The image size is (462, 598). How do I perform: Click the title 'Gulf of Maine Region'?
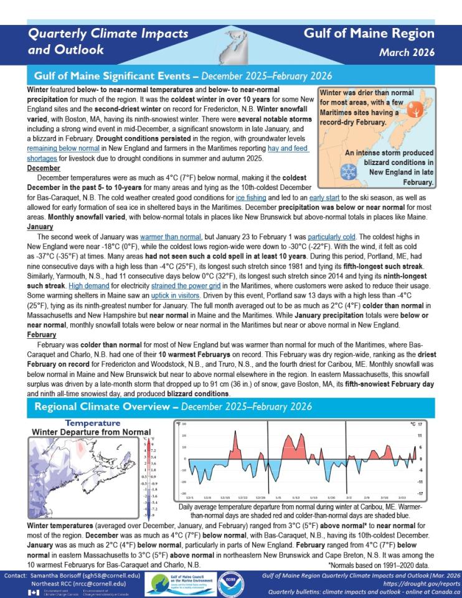point(369,34)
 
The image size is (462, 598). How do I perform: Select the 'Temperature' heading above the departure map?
point(92,423)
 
